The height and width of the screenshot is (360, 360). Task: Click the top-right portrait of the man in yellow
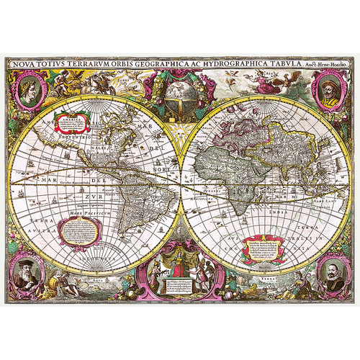tap(328, 93)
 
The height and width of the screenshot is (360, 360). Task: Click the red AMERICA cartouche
tap(73, 122)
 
